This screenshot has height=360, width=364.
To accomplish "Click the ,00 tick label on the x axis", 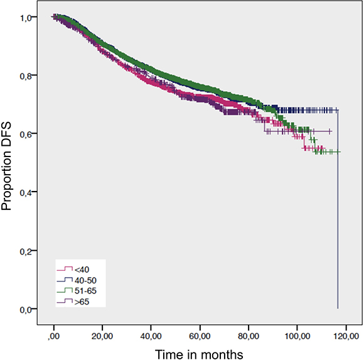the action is coord(54,336).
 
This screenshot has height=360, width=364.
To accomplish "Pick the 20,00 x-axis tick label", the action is coord(102,336).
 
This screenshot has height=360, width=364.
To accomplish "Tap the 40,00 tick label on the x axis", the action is coord(151,336).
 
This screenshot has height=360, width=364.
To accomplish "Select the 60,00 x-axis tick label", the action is coord(200,336).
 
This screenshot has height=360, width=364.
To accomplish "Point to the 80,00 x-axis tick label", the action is coord(249,336).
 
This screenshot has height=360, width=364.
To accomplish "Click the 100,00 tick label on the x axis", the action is coord(297,336).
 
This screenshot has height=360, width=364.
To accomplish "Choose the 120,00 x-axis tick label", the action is coord(346,336).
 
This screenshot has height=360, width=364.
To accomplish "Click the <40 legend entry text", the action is coord(82,270).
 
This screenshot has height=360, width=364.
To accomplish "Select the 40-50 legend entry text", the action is coord(85,280).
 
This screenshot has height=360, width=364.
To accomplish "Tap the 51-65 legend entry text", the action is coord(85,291).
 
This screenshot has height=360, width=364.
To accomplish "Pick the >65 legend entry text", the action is coord(82,302).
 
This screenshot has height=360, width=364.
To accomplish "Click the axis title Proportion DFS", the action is coord(6,166).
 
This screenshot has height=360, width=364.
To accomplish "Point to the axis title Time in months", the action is coord(199,354).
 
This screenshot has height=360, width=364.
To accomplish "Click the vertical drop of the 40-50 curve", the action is coord(338,209).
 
